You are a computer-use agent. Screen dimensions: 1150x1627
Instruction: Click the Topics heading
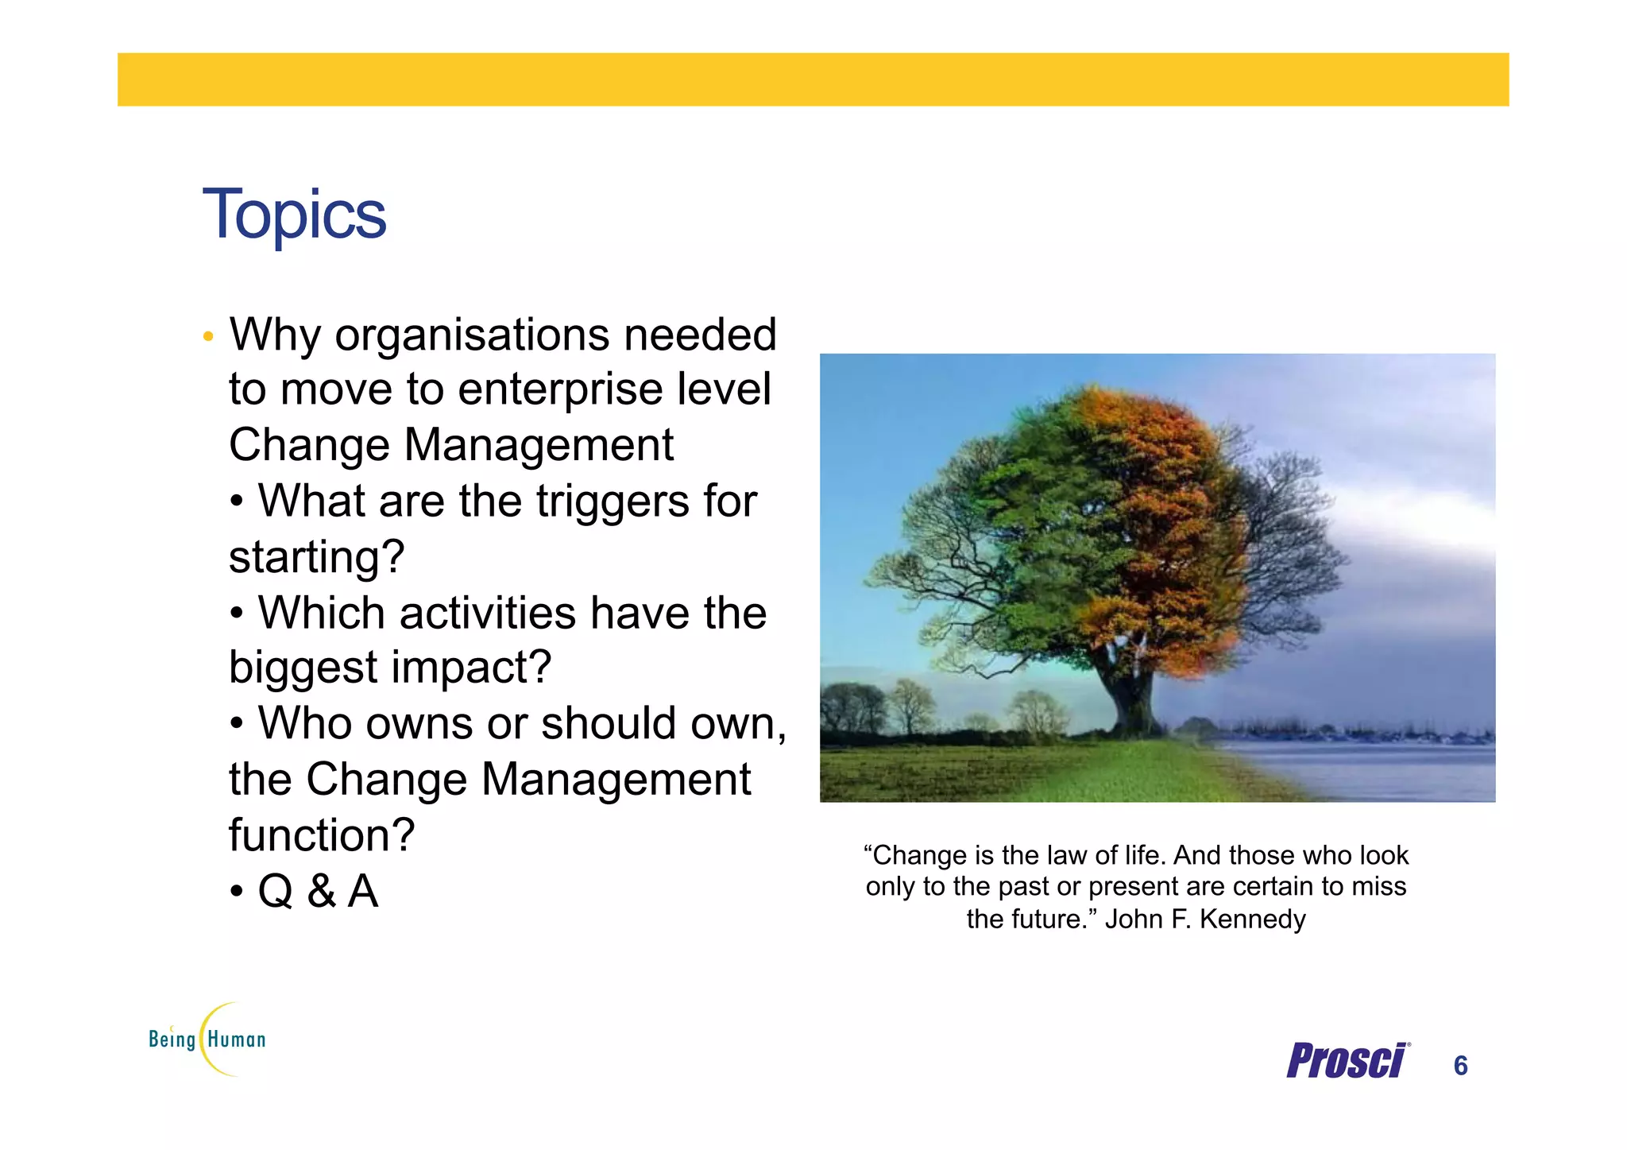(x=294, y=215)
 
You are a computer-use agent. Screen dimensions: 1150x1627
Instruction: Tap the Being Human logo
(x=207, y=1040)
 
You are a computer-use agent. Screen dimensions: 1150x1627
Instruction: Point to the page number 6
(x=1460, y=1066)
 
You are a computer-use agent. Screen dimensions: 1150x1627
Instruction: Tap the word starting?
(x=316, y=556)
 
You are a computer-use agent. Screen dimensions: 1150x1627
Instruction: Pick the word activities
(x=487, y=613)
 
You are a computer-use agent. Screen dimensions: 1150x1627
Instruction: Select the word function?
(x=321, y=835)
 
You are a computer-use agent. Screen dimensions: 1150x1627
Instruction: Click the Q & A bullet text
(x=318, y=891)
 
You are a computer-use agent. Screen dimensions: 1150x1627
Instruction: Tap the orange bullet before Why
(x=208, y=337)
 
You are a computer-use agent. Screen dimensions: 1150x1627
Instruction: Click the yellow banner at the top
(x=813, y=79)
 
